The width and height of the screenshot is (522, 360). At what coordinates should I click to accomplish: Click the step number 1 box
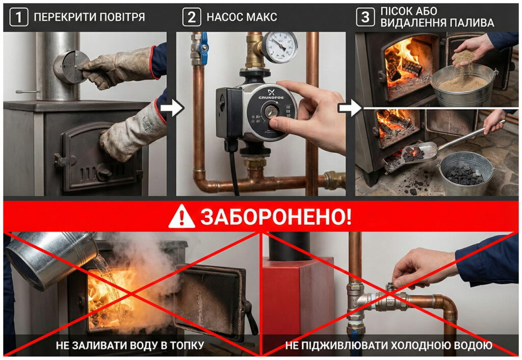(18, 17)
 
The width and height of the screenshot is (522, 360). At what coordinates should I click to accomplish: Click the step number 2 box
(191, 17)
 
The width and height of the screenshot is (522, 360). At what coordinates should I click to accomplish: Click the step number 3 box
(364, 17)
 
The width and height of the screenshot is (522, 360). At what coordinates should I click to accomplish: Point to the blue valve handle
(204, 48)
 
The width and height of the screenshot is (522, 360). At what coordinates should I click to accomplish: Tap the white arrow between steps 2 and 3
(349, 108)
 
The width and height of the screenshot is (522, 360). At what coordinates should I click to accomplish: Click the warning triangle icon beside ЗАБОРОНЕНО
(181, 217)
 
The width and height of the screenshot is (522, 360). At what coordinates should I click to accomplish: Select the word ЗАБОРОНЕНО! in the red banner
(275, 217)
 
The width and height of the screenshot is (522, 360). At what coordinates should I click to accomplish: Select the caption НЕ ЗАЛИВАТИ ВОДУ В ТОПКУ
(130, 346)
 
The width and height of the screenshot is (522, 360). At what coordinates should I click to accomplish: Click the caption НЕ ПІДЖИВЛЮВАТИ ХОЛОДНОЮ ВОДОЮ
(389, 346)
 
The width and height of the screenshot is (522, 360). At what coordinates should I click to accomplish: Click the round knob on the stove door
(103, 172)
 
